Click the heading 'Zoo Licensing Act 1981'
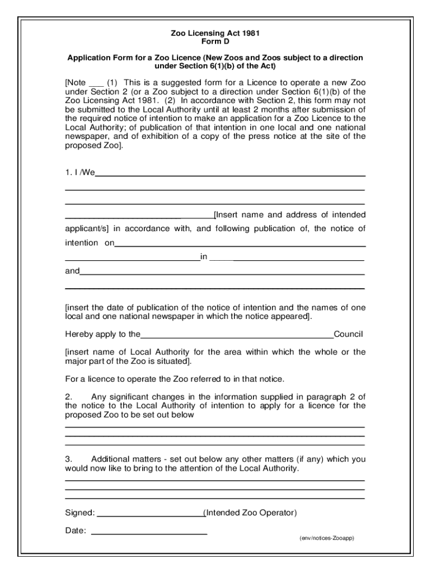pos(215,34)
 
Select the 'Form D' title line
pos(215,42)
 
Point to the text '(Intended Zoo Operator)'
pos(250,513)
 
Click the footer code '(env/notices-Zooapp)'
pos(326,538)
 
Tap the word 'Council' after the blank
pos(349,335)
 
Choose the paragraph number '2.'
pos(69,397)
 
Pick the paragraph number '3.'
pos(69,459)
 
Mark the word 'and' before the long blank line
pos(72,271)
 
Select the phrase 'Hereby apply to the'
pos(102,335)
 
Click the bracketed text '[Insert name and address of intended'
pos(290,215)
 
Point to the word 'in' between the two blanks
pos(204,257)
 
